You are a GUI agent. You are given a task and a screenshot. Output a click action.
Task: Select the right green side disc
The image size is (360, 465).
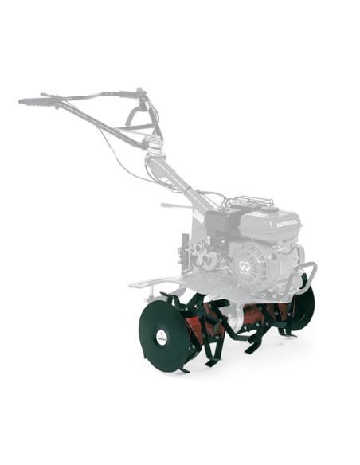click(x=305, y=307)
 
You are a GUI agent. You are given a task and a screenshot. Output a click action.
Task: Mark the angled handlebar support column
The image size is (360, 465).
click(x=179, y=179)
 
